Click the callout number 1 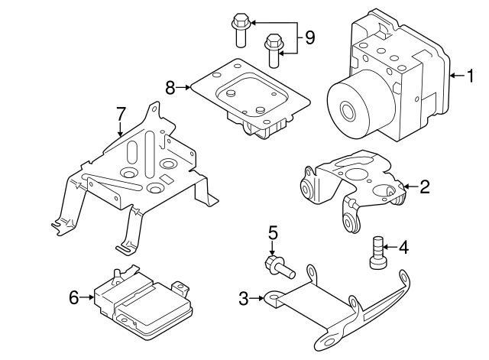pos(471,75)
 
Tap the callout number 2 pos(425,186)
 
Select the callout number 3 pos(243,299)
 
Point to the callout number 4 pos(403,246)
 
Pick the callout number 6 pos(74,297)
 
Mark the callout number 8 pos(170,87)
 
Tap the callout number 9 pos(309,37)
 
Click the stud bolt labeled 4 pos(375,253)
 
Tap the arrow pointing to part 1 pos(457,75)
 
